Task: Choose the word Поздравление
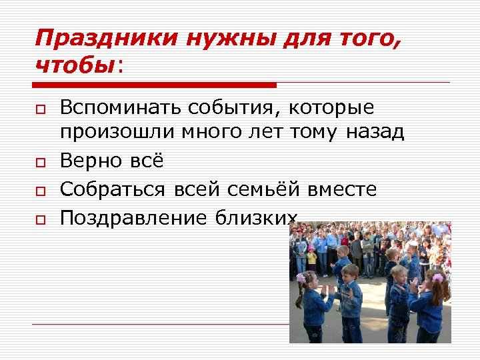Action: [x=133, y=217]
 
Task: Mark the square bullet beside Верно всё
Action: [x=41, y=161]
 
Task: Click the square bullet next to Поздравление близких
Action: [x=41, y=219]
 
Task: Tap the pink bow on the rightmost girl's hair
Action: [x=437, y=277]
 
